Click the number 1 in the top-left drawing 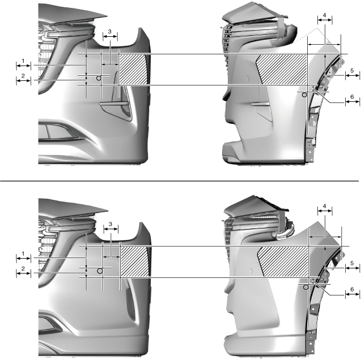(x=23, y=61)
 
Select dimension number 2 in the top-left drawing (x=23, y=76)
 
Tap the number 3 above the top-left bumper (x=109, y=31)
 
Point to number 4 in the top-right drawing (x=325, y=15)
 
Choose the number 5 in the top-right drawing (x=352, y=71)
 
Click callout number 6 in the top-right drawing (x=352, y=97)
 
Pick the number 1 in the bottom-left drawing (x=23, y=254)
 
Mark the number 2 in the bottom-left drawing (x=23, y=268)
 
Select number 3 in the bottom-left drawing (x=111, y=224)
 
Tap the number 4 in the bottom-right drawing (x=325, y=206)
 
